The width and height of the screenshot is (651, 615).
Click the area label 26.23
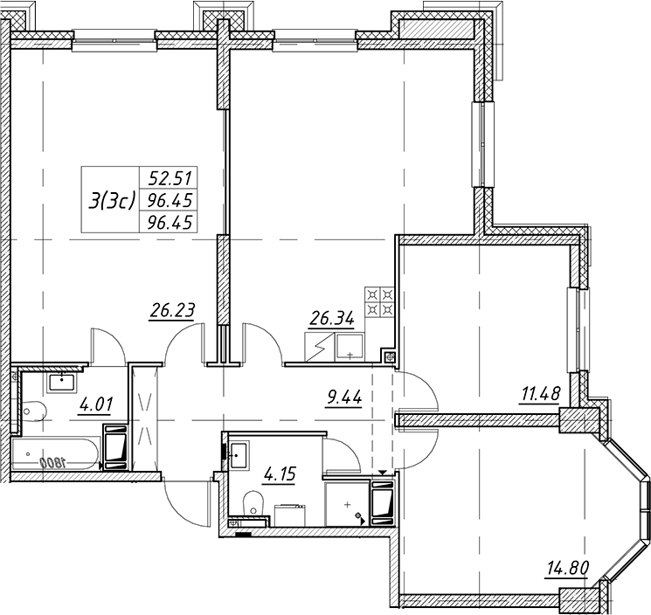pyautogui.click(x=172, y=310)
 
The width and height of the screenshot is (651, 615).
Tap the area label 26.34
pyautogui.click(x=331, y=319)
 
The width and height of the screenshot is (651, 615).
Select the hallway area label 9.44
pyautogui.click(x=344, y=397)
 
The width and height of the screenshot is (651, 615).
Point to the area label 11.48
pyautogui.click(x=541, y=393)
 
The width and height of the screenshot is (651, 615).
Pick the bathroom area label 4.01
pyautogui.click(x=95, y=404)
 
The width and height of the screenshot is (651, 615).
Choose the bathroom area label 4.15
pyautogui.click(x=279, y=473)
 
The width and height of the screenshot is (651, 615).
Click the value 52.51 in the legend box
pyautogui.click(x=170, y=178)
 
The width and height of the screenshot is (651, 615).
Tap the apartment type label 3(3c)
pyautogui.click(x=111, y=201)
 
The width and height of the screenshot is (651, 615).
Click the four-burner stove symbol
pyautogui.click(x=379, y=302)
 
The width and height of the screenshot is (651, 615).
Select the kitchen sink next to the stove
pyautogui.click(x=350, y=347)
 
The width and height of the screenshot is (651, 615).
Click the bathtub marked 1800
pyautogui.click(x=56, y=455)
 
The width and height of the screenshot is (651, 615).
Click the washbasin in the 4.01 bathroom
pyautogui.click(x=62, y=383)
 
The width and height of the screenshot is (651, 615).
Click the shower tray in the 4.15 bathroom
pyautogui.click(x=347, y=505)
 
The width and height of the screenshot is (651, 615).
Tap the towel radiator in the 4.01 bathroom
pyautogui.click(x=116, y=447)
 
